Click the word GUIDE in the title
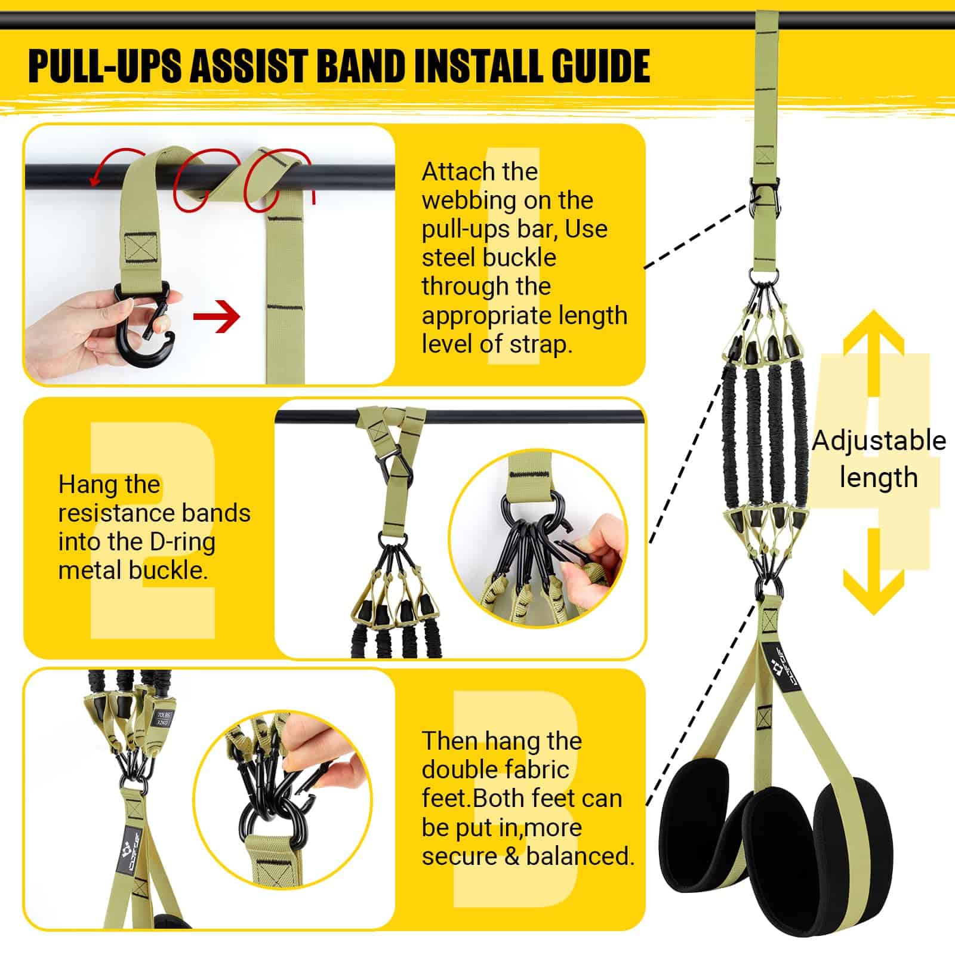click(x=600, y=67)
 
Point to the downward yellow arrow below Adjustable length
click(x=873, y=572)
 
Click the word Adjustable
click(x=879, y=441)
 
